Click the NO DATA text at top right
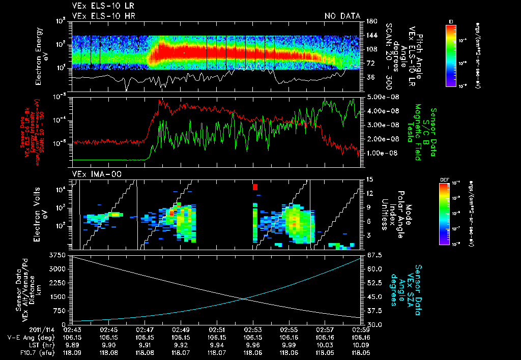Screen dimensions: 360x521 coord(342,16)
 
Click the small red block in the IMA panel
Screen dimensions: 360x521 coord(255,187)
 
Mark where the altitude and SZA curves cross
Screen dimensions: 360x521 coord(246,298)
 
